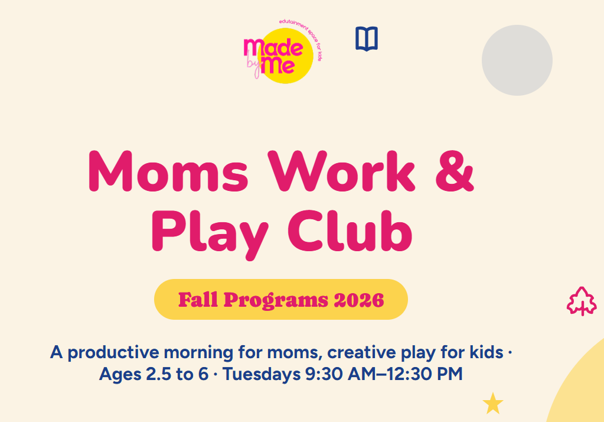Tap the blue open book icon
pyautogui.click(x=367, y=38)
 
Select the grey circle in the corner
pyautogui.click(x=517, y=60)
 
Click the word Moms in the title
pyautogui.click(x=168, y=171)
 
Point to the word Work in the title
pyautogui.click(x=342, y=171)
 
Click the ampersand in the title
pyautogui.click(x=455, y=171)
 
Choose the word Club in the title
pyautogui.click(x=350, y=231)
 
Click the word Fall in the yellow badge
pyautogui.click(x=198, y=300)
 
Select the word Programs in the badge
pyautogui.click(x=276, y=300)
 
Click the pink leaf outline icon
pyautogui.click(x=582, y=301)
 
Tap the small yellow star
pyautogui.click(x=493, y=404)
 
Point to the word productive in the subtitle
pyautogui.click(x=113, y=353)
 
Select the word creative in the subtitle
pyautogui.click(x=361, y=352)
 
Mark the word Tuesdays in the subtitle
pyautogui.click(x=262, y=374)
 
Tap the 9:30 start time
pyautogui.click(x=324, y=374)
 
